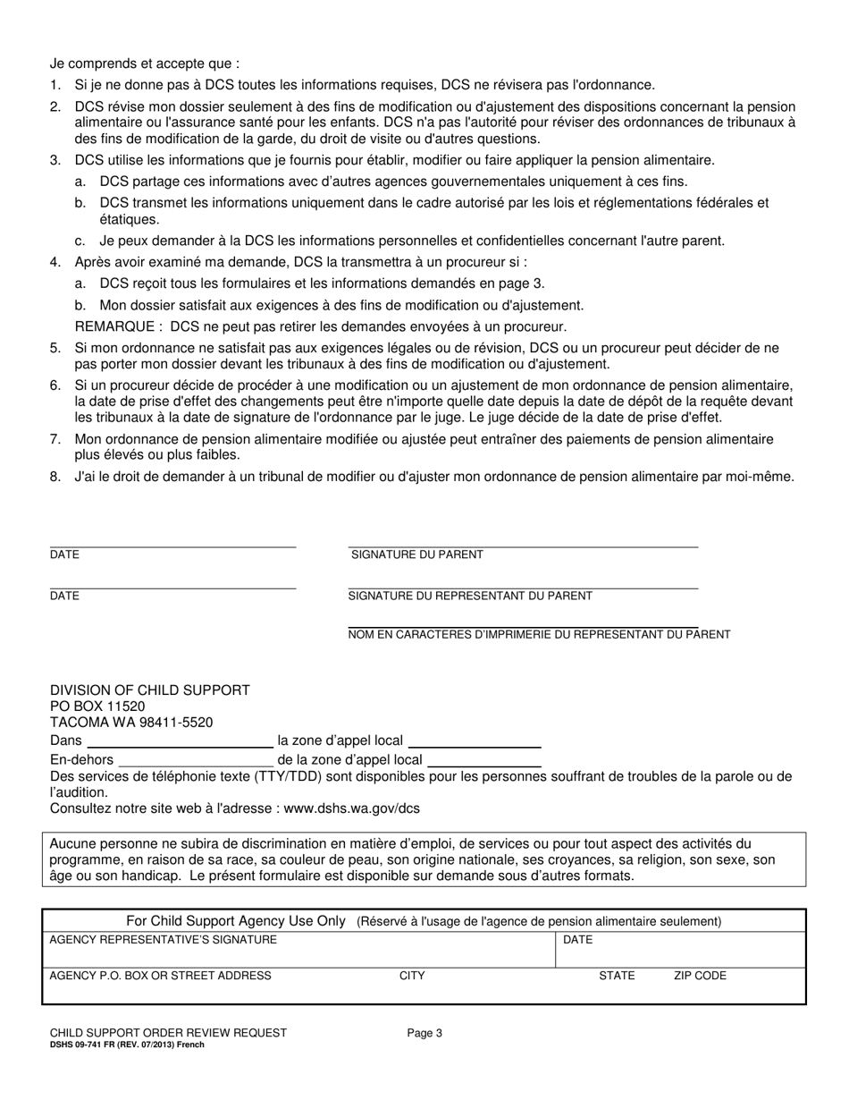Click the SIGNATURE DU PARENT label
coord(417,555)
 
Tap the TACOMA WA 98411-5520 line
coord(131,723)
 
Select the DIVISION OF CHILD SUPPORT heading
coord(150,690)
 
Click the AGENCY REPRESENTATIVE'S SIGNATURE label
coord(163,940)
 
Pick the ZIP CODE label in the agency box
coord(700,977)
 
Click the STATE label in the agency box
coord(617,977)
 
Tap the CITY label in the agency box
coord(412,977)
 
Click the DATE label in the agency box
coord(577,940)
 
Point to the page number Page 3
coord(425,1033)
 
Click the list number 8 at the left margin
coord(55,478)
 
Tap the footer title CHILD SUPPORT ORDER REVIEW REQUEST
coord(168,1033)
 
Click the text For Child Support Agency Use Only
coord(236,921)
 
